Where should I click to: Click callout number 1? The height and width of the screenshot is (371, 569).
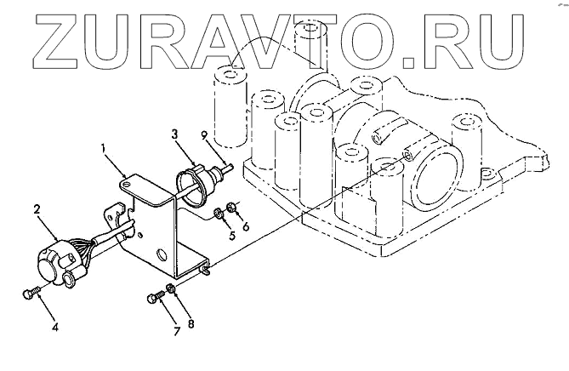pos(103,150)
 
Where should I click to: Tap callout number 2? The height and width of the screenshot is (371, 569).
pos(37,208)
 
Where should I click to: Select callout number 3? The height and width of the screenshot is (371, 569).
pos(173,134)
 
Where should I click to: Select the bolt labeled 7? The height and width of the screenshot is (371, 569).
pos(156,298)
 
